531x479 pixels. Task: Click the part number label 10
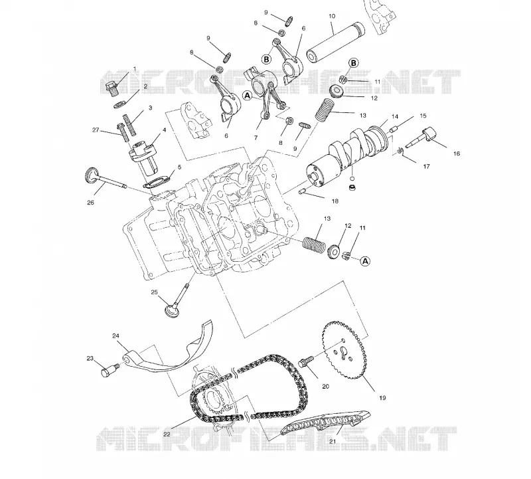click(332, 16)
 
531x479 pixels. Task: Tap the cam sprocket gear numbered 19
click(343, 350)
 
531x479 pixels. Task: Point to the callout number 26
click(90, 203)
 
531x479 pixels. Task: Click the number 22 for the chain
click(167, 434)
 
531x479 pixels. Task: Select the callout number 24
click(115, 336)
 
